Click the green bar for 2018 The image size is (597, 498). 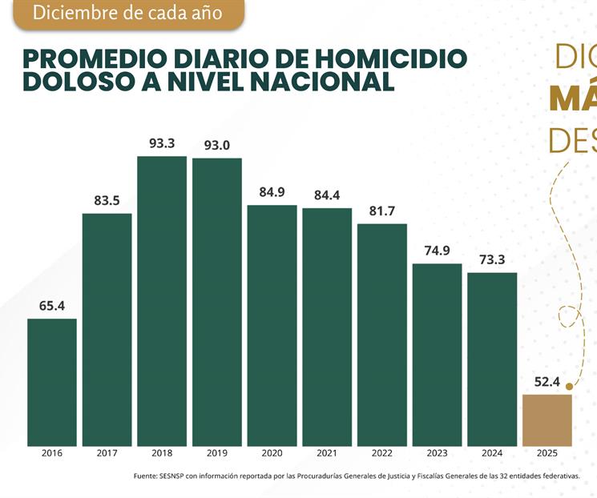click(162, 300)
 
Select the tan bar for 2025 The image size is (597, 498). click(547, 420)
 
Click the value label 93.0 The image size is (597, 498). click(216, 145)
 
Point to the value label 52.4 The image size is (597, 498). click(547, 382)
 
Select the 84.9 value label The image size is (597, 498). click(272, 192)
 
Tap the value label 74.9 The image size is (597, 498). click(437, 250)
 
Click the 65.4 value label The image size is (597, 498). click(52, 306)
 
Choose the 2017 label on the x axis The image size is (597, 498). click(107, 453)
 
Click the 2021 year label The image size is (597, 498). click(327, 453)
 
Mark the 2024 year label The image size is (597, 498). click(492, 453)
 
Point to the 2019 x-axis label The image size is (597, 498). click(216, 453)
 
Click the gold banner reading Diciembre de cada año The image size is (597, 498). click(127, 14)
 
